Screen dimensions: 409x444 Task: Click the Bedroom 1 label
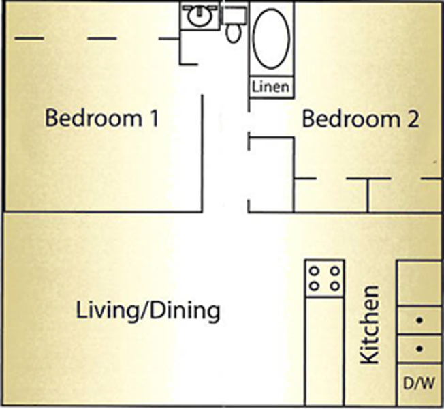101,119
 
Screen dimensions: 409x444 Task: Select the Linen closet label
271,87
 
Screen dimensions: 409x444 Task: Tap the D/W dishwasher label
418,384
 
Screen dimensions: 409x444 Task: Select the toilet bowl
234,31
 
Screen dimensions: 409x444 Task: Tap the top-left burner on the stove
314,270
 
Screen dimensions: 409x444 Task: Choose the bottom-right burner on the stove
334,286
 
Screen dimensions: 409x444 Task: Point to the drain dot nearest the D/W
419,349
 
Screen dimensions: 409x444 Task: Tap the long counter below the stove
324,348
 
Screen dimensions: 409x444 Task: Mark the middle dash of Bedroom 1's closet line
102,39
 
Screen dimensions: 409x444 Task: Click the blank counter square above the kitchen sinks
419,282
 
